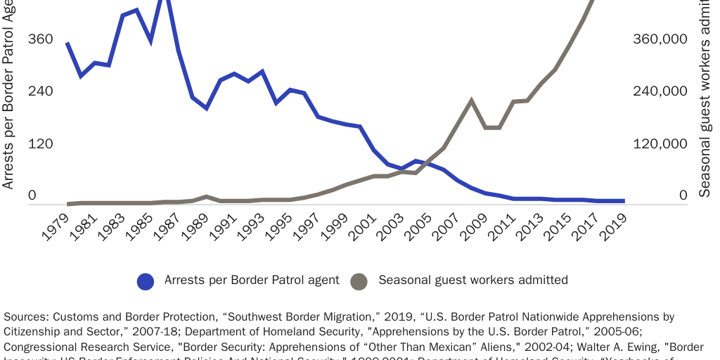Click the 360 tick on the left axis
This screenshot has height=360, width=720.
click(41, 39)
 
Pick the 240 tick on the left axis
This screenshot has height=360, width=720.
click(41, 91)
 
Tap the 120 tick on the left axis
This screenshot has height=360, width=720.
click(41, 143)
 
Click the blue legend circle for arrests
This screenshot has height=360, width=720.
click(146, 281)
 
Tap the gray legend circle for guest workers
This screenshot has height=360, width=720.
click(359, 281)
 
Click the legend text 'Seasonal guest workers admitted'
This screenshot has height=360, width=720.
click(472, 280)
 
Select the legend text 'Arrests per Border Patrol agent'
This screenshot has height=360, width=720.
click(251, 280)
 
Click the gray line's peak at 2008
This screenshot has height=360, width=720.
click(471, 101)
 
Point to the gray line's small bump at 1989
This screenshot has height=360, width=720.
click(205, 197)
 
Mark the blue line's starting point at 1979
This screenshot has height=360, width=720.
click(67, 44)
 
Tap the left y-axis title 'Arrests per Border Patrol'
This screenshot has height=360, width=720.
click(8, 95)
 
